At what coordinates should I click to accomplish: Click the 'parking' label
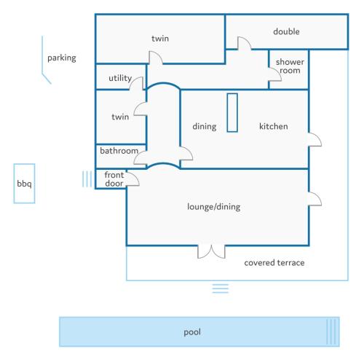(x=62, y=58)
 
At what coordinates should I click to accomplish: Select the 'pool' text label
(x=192, y=332)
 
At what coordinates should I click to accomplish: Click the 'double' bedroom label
(x=286, y=31)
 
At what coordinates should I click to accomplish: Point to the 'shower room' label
(x=290, y=66)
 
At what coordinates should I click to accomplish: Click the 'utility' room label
(x=120, y=78)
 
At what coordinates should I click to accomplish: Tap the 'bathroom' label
(x=119, y=151)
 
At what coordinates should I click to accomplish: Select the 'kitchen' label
(x=274, y=126)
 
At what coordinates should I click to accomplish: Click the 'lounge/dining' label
(x=214, y=207)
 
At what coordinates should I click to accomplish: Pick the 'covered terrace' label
(x=274, y=262)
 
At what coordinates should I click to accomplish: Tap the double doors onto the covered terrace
(x=211, y=252)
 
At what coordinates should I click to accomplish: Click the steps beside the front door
(x=87, y=179)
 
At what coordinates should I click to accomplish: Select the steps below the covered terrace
(x=221, y=289)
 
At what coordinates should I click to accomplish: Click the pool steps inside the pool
(x=331, y=332)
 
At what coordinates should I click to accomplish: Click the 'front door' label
(x=114, y=179)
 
